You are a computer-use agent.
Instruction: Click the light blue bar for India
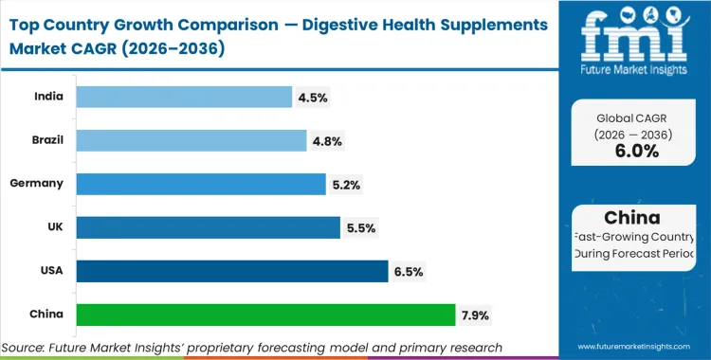[183, 97]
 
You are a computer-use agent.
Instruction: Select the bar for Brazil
[191, 140]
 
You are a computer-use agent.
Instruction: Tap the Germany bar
[200, 183]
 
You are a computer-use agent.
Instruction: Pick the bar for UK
[208, 227]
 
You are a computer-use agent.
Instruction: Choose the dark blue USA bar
[231, 271]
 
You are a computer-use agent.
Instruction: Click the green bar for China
[265, 315]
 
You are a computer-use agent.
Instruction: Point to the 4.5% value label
[313, 98]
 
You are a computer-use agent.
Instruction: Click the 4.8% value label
[327, 141]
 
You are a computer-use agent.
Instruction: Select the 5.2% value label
[346, 185]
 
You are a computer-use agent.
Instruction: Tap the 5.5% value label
[361, 228]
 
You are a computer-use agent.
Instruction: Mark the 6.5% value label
[409, 272]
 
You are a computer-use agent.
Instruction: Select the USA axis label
[53, 271]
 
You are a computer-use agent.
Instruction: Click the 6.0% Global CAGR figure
[636, 152]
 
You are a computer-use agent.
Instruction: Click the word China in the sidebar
[636, 219]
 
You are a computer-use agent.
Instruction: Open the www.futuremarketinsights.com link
[635, 348]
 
